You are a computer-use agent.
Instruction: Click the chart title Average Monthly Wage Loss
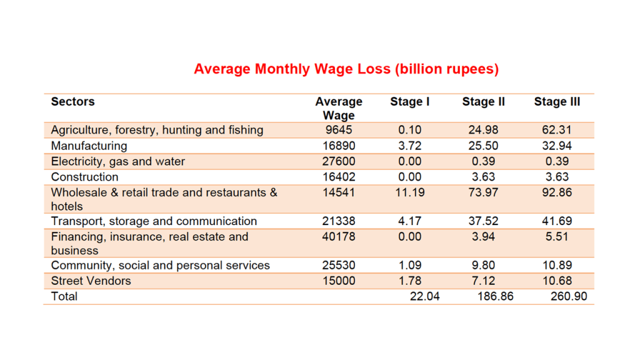point(346,69)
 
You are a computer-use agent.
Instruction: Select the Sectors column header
point(73,101)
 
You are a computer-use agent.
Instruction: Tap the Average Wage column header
point(339,108)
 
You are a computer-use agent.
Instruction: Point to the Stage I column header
point(410,101)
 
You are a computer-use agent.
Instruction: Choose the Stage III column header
point(557,101)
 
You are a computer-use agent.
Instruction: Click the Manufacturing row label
point(89,146)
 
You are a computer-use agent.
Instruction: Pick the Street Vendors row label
point(91,281)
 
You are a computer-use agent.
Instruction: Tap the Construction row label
point(84,177)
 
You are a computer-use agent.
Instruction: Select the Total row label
point(64,296)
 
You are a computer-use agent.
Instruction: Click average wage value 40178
point(339,237)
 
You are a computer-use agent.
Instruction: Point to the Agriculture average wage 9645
point(339,130)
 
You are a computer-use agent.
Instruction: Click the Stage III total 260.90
point(569,296)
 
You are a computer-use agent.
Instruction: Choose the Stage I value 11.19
point(410,192)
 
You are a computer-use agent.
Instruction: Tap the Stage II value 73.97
point(483,192)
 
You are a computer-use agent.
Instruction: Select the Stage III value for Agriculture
point(557,130)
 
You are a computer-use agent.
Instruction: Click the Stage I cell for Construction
point(410,177)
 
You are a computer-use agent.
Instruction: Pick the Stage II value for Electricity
point(483,161)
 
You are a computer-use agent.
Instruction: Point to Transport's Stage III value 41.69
point(557,221)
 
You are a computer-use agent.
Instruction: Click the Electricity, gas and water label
point(118,161)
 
